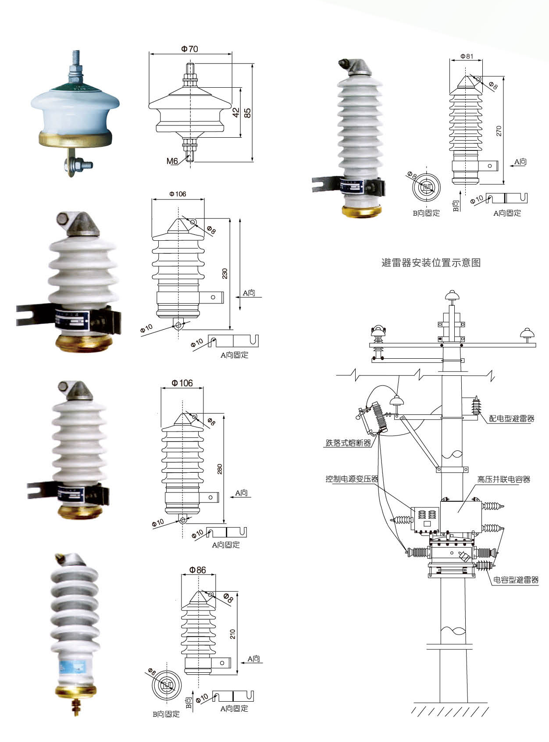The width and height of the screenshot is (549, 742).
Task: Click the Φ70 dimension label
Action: click(x=189, y=49)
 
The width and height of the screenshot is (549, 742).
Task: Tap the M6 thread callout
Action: click(x=172, y=161)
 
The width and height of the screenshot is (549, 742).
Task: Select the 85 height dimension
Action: click(x=248, y=113)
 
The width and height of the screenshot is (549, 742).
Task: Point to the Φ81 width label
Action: click(x=467, y=56)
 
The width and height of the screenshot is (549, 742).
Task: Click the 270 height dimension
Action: click(x=499, y=131)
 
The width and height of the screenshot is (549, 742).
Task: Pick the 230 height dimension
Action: click(x=225, y=274)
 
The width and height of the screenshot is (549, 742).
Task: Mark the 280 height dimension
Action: click(x=220, y=469)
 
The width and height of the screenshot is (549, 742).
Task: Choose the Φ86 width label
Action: click(x=197, y=570)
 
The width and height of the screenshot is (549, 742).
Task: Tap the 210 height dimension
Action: click(x=232, y=634)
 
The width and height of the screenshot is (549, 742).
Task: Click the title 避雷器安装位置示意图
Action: click(x=431, y=263)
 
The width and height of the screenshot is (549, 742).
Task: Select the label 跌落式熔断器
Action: click(x=348, y=443)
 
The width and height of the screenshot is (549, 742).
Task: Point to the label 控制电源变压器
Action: click(x=352, y=479)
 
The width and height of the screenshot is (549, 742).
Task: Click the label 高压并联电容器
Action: click(x=503, y=479)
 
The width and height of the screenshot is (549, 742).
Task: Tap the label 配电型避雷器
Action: click(x=512, y=418)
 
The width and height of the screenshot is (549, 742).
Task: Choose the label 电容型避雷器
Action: click(x=516, y=580)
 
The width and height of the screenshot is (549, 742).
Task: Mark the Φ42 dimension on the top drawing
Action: click(x=236, y=113)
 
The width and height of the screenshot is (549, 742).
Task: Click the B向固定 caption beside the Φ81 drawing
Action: click(x=426, y=213)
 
